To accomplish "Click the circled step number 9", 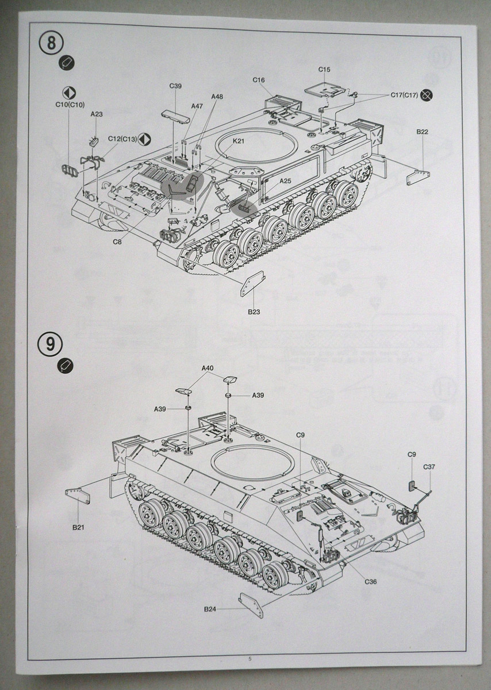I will [x=51, y=344].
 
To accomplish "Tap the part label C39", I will [x=175, y=86].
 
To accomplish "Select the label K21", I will [x=239, y=141].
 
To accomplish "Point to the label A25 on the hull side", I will [x=286, y=181].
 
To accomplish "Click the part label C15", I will [x=324, y=70].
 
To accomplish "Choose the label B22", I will [x=423, y=132].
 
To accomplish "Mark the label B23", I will [x=255, y=312].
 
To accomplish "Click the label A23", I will [x=97, y=114].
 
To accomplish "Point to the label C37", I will [x=429, y=466].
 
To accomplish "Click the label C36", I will [x=371, y=581].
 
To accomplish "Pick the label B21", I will [x=78, y=527].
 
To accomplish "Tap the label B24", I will [x=209, y=609].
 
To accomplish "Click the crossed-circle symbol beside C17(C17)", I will [x=426, y=95].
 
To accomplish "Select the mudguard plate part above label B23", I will [x=251, y=283].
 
